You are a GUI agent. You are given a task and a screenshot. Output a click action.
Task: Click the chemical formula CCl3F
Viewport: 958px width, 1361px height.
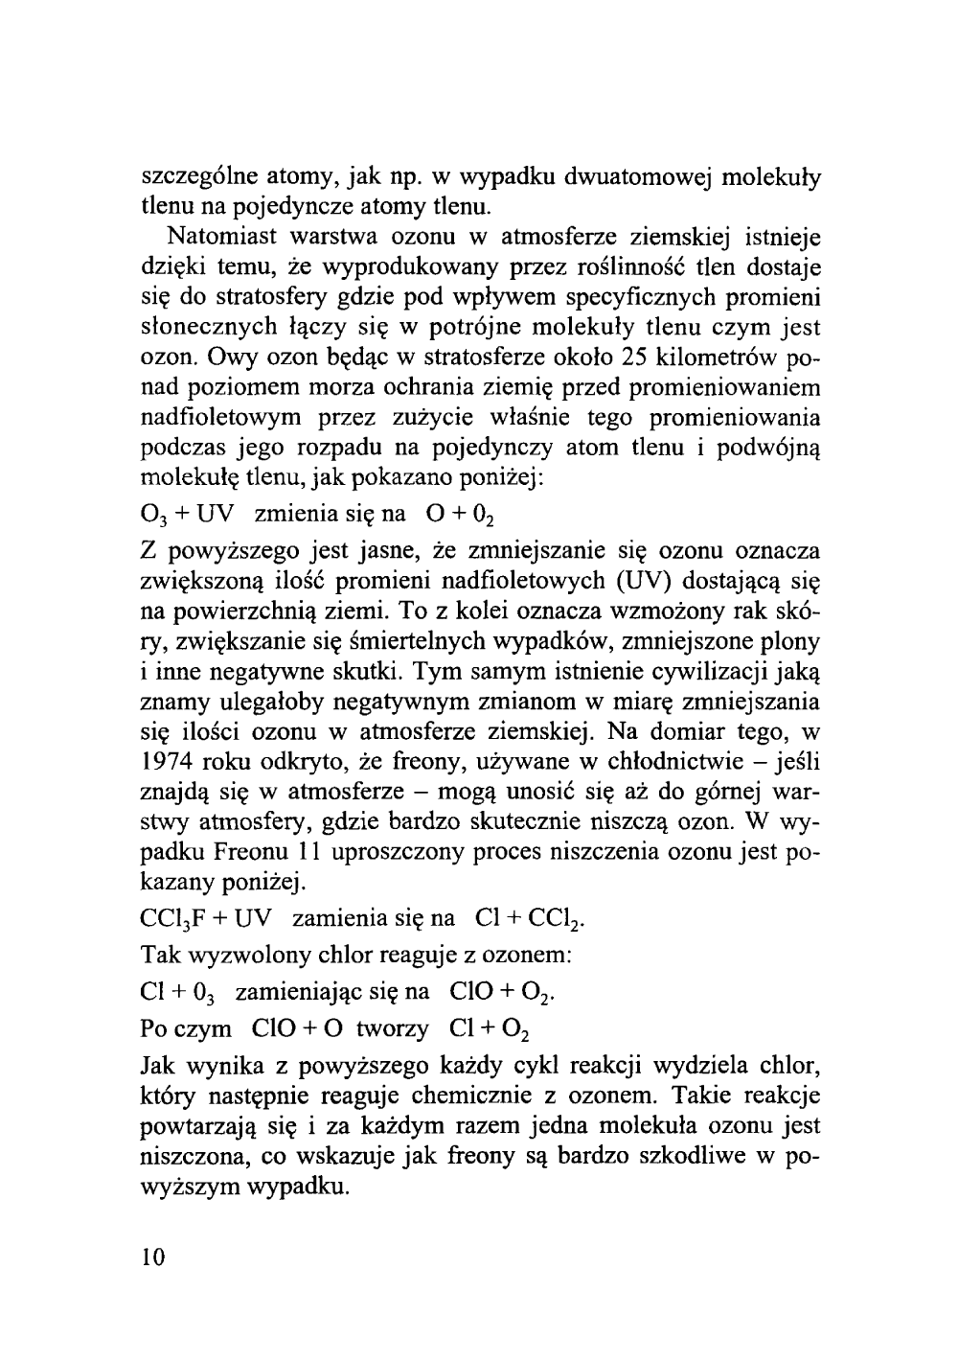pos(175,920)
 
